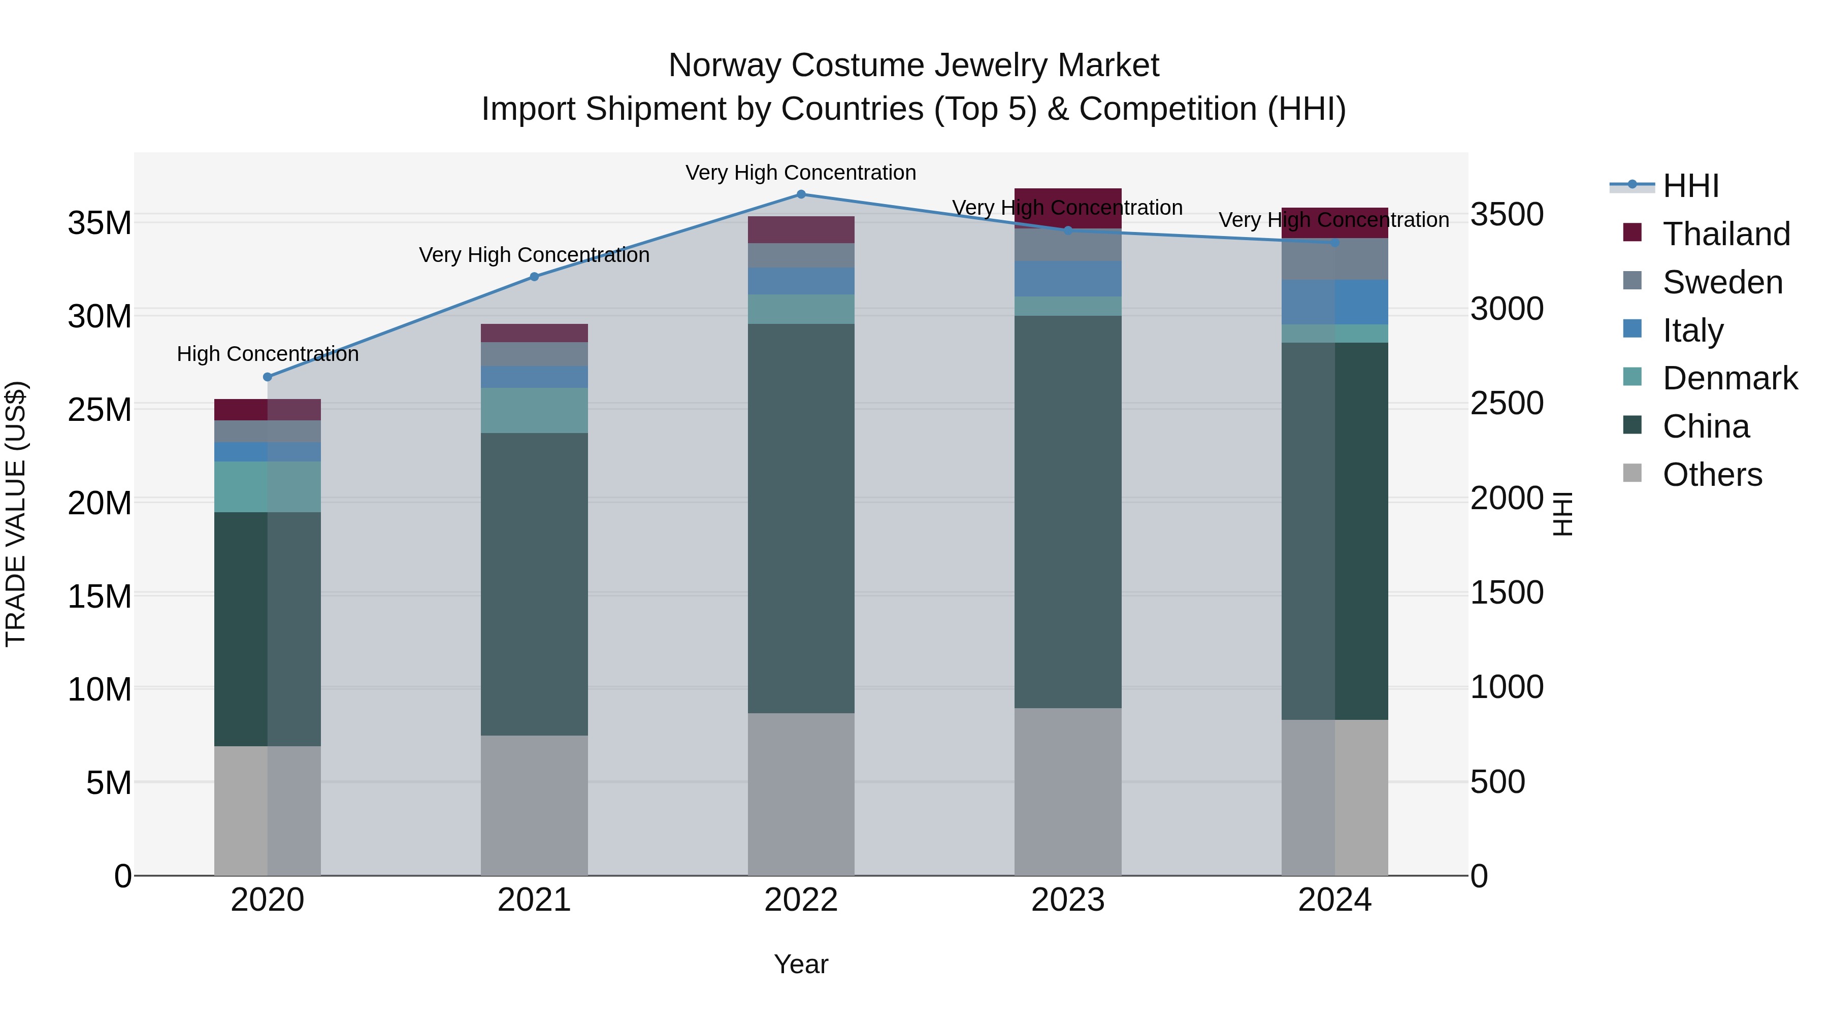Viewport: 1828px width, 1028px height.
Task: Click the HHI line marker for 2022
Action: coord(801,194)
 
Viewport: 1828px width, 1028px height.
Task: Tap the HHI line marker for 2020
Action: coord(268,377)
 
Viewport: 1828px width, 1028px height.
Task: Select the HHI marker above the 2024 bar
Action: coord(1335,243)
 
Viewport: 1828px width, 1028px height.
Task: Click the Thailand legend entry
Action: coord(1726,234)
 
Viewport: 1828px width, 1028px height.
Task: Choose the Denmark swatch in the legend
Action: coord(1632,377)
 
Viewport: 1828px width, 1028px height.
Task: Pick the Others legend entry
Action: coord(1712,475)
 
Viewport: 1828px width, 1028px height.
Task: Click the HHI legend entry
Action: coord(1690,186)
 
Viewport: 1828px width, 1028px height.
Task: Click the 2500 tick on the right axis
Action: coord(1507,404)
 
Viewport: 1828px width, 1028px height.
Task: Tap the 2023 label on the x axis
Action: coord(1068,900)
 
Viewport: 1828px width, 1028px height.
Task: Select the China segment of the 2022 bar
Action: coord(801,518)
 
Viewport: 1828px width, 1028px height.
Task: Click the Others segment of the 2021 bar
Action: coord(534,805)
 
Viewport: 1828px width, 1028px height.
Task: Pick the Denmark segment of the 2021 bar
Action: coord(534,410)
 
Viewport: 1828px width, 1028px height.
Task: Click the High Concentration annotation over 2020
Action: coord(268,353)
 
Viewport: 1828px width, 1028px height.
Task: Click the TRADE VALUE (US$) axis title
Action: coord(16,514)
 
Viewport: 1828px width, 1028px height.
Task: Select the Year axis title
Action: coord(801,964)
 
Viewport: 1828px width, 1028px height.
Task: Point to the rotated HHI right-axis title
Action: coord(1562,514)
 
